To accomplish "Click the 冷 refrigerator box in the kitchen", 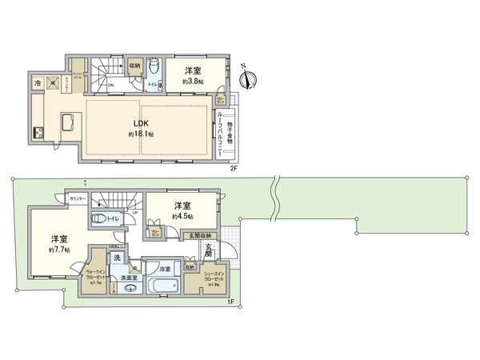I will (38, 82).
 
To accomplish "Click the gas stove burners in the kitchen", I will (37, 131).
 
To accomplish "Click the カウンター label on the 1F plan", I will (78, 197).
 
